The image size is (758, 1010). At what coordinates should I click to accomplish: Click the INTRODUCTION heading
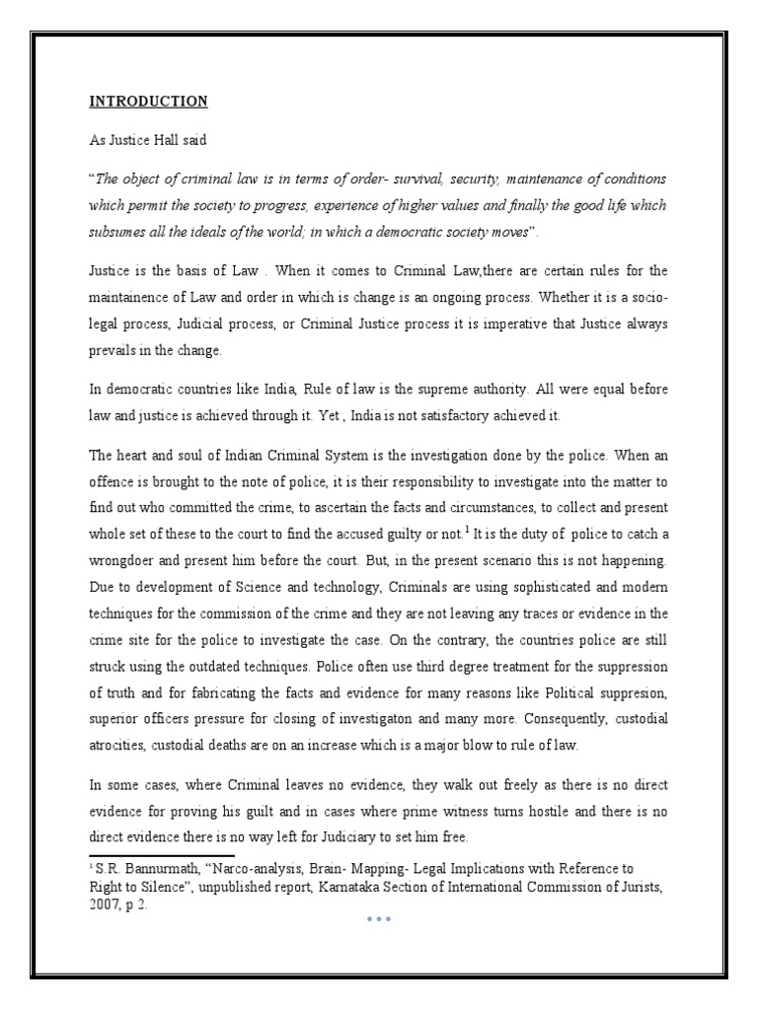(x=149, y=101)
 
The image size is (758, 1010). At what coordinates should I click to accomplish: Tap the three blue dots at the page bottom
(x=379, y=919)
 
